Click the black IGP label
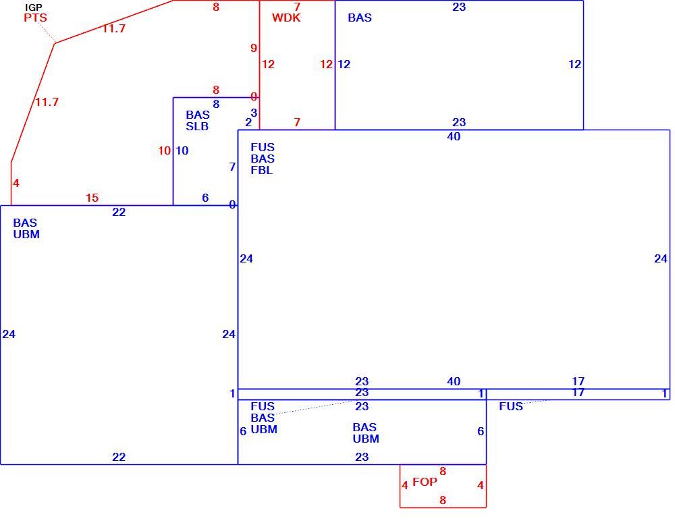click(x=34, y=7)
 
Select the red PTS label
click(x=35, y=18)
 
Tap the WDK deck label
click(x=286, y=18)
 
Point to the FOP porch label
click(x=425, y=482)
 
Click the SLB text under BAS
click(x=197, y=126)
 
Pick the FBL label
click(x=262, y=170)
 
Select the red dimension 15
click(x=92, y=198)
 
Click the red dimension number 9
click(x=254, y=48)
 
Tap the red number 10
click(x=165, y=150)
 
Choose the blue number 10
click(x=182, y=150)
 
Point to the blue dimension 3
click(x=254, y=113)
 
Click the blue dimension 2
click(x=248, y=122)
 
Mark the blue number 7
click(x=232, y=167)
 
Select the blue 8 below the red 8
click(x=216, y=104)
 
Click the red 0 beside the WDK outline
click(x=254, y=96)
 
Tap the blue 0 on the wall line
click(x=232, y=204)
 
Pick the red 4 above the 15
click(x=16, y=184)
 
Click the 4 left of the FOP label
click(x=404, y=486)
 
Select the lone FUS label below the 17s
click(x=511, y=406)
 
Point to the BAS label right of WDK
click(x=360, y=18)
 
